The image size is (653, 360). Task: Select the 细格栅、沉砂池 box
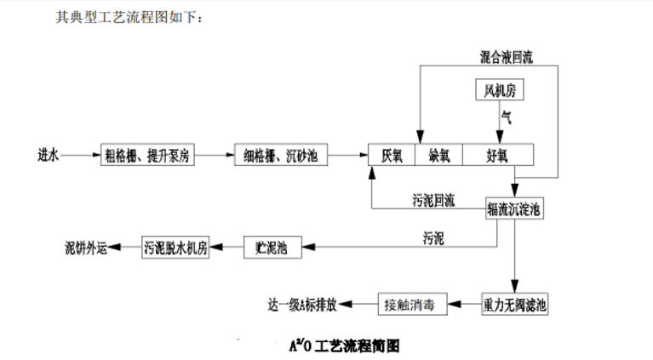point(281,156)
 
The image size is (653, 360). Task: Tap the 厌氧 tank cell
point(392,155)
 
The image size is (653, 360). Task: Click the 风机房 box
point(500,89)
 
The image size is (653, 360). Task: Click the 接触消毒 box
point(413,304)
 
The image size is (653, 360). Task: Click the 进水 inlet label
point(49,156)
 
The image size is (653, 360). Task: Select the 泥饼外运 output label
point(87,248)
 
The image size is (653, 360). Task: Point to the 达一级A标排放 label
point(304,304)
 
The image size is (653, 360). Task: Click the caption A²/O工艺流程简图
point(344,345)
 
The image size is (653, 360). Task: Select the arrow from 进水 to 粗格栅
point(80,156)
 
